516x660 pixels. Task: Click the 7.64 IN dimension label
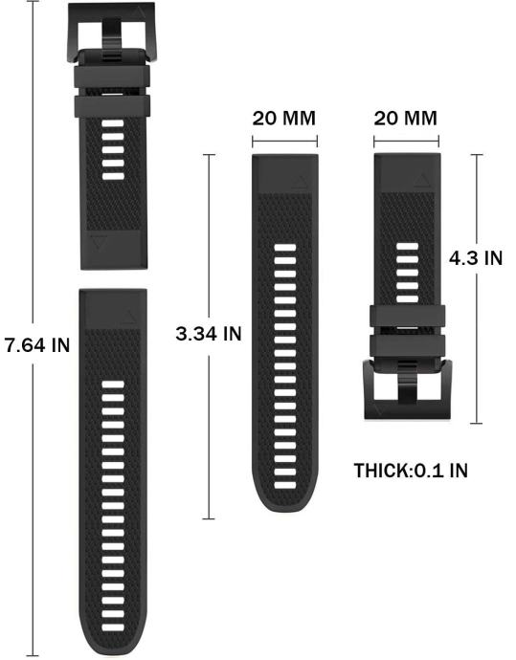tap(37, 345)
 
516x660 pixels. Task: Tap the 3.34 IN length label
tap(209, 334)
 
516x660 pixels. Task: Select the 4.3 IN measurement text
tap(476, 257)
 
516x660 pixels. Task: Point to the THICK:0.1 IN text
tap(411, 471)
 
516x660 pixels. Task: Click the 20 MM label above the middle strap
tap(284, 119)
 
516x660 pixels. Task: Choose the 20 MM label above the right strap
tap(405, 119)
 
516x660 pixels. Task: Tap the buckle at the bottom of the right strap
tap(407, 389)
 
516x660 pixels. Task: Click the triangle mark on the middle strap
tap(300, 182)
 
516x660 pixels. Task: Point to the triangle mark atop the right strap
tap(421, 181)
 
